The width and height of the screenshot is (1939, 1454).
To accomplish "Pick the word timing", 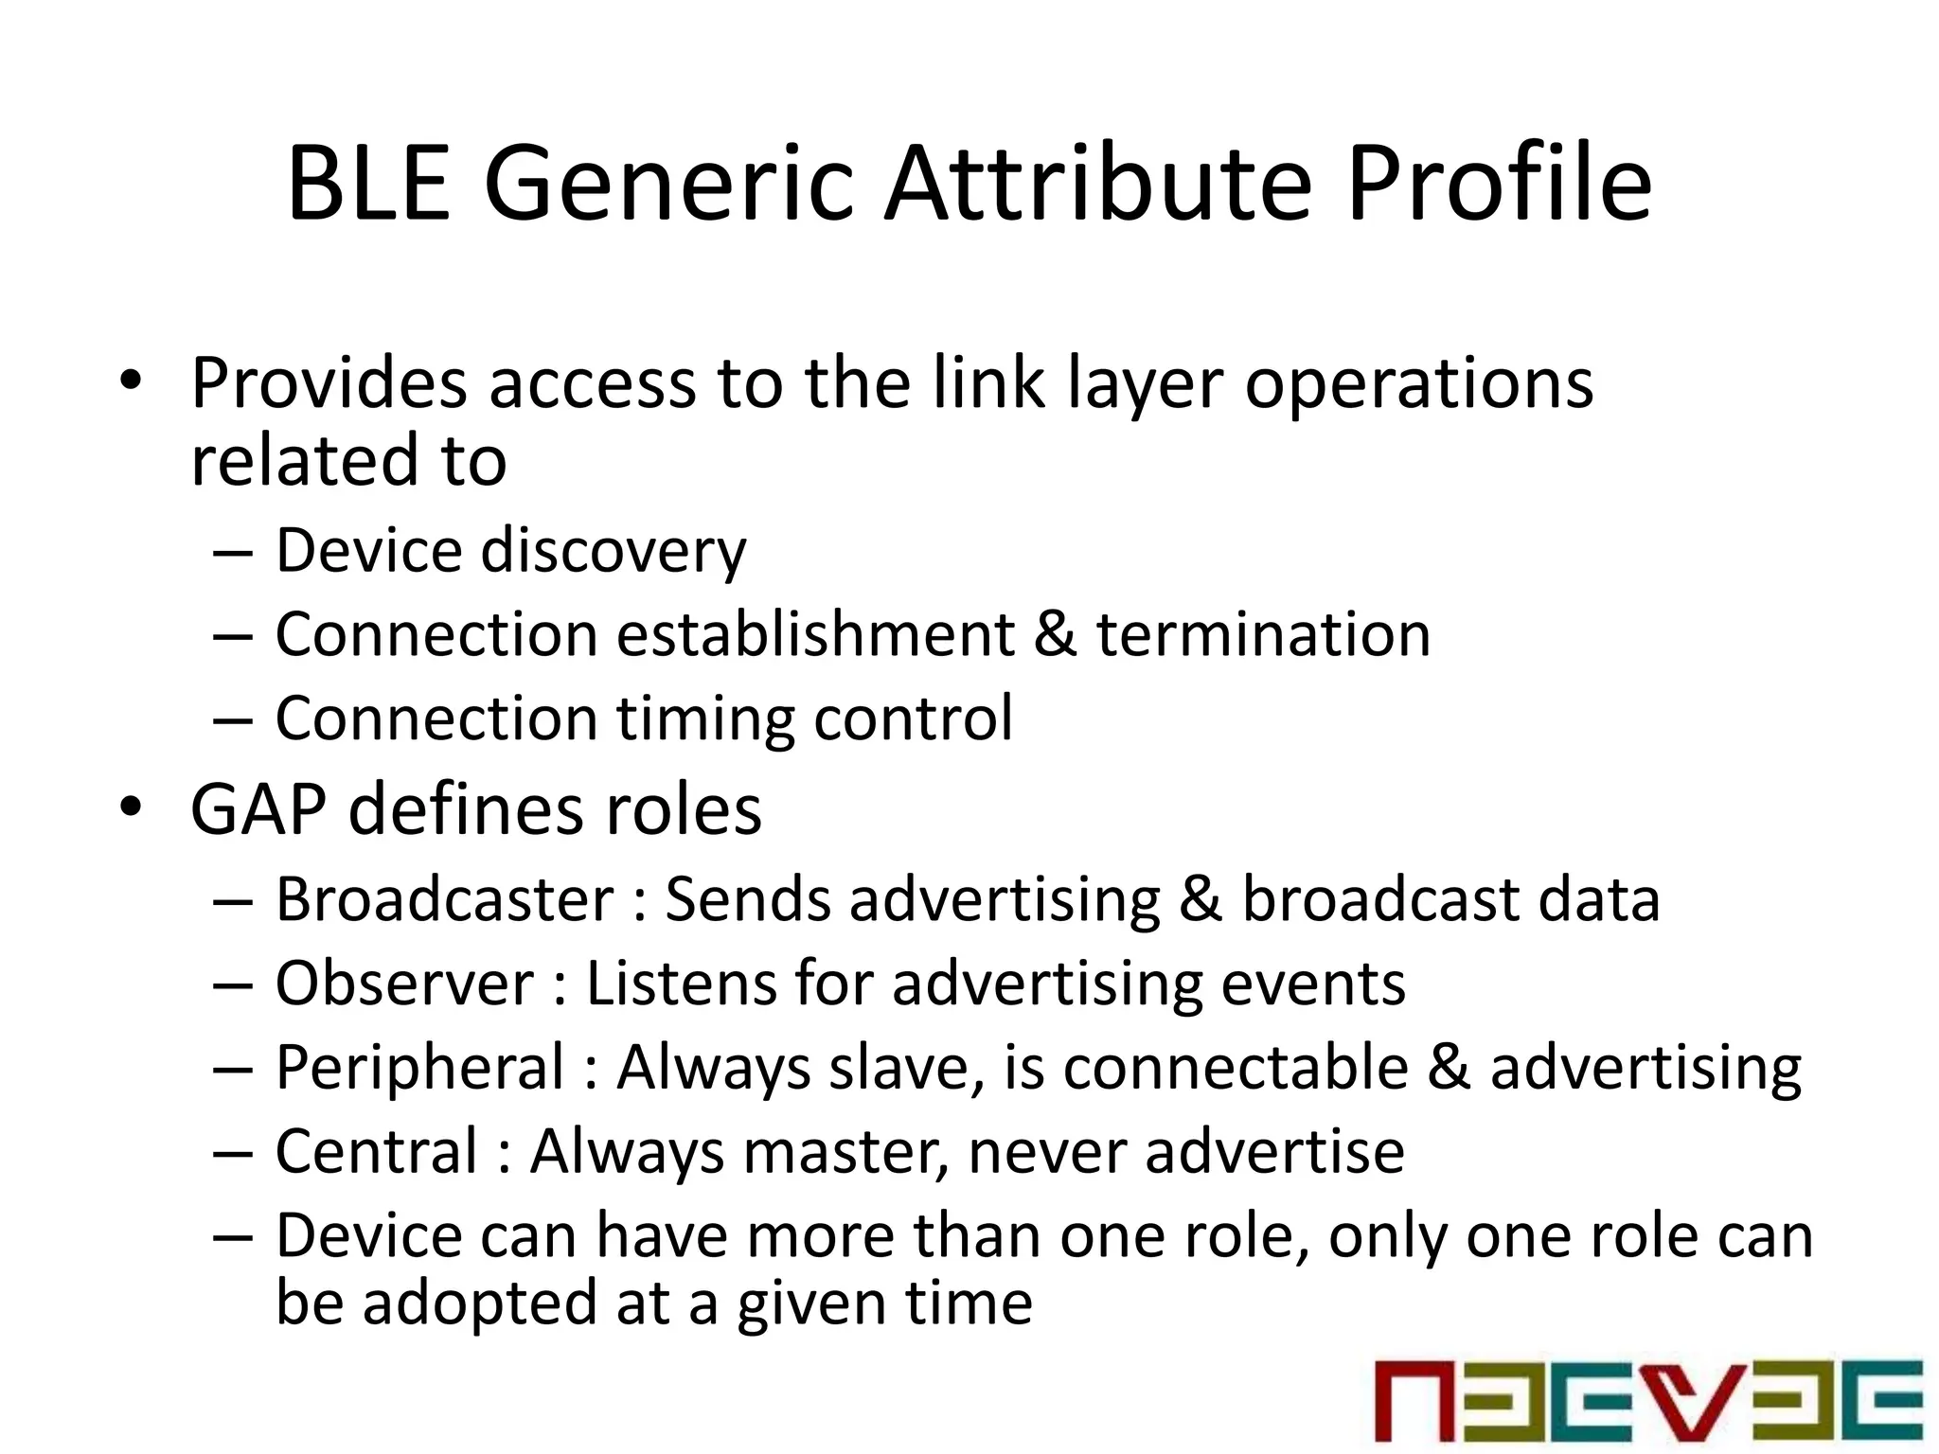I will click(x=705, y=719).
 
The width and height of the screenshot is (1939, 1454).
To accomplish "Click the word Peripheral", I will click(x=419, y=1068).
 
